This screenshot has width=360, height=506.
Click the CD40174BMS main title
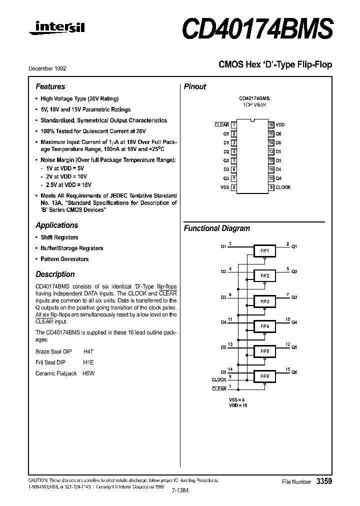point(256,29)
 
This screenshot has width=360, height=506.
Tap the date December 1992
point(50,68)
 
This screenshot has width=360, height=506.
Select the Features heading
point(50,86)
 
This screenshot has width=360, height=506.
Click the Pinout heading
point(195,86)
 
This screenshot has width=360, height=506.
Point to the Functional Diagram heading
point(216,228)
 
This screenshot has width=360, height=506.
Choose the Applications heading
point(56,225)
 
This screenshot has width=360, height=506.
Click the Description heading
point(55,274)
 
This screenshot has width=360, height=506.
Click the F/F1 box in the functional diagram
point(264,250)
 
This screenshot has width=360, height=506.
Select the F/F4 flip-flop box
point(264,326)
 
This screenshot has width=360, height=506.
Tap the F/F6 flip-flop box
point(264,376)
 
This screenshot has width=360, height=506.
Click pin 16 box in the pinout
point(271,124)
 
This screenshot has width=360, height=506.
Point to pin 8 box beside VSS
point(234,187)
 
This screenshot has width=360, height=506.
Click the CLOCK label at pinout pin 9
point(283,187)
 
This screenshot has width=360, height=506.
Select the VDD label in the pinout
point(279,124)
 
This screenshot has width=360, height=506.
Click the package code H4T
point(88,351)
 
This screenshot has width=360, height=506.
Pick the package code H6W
point(88,373)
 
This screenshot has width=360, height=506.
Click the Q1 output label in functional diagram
point(294,246)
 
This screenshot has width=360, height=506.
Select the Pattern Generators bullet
point(64,259)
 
